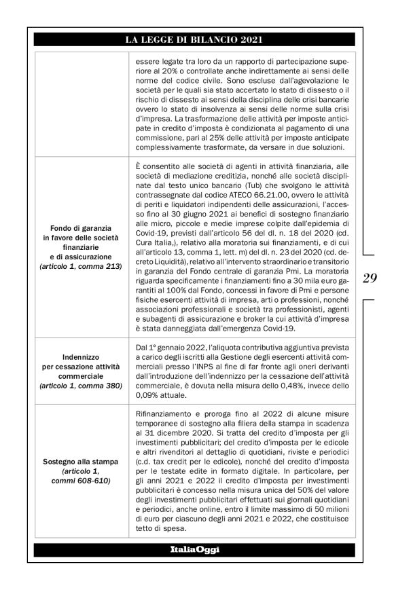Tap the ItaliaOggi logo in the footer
(x=196, y=549)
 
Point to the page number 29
(x=370, y=277)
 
